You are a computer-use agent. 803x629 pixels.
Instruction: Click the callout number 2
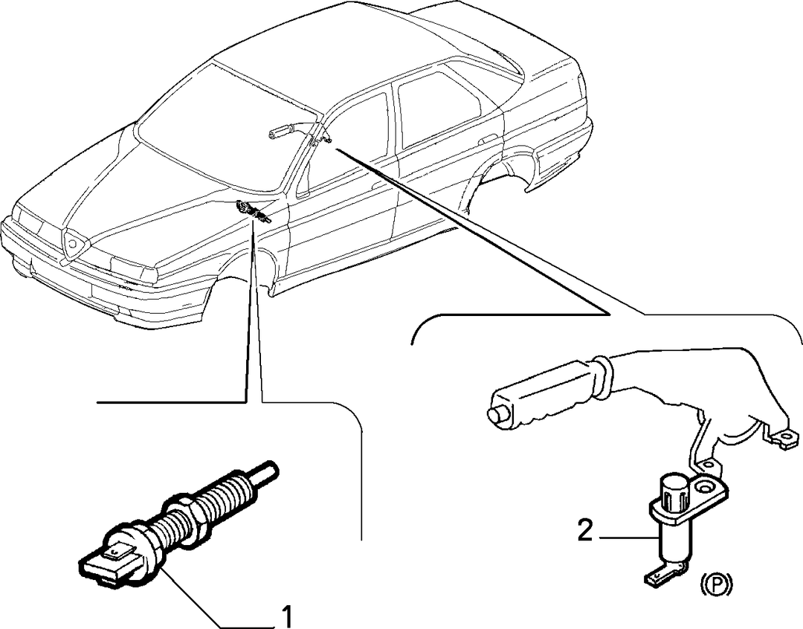[584, 531]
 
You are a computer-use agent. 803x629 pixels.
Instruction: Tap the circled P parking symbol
[717, 584]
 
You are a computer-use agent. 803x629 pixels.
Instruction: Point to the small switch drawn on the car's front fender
[253, 212]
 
